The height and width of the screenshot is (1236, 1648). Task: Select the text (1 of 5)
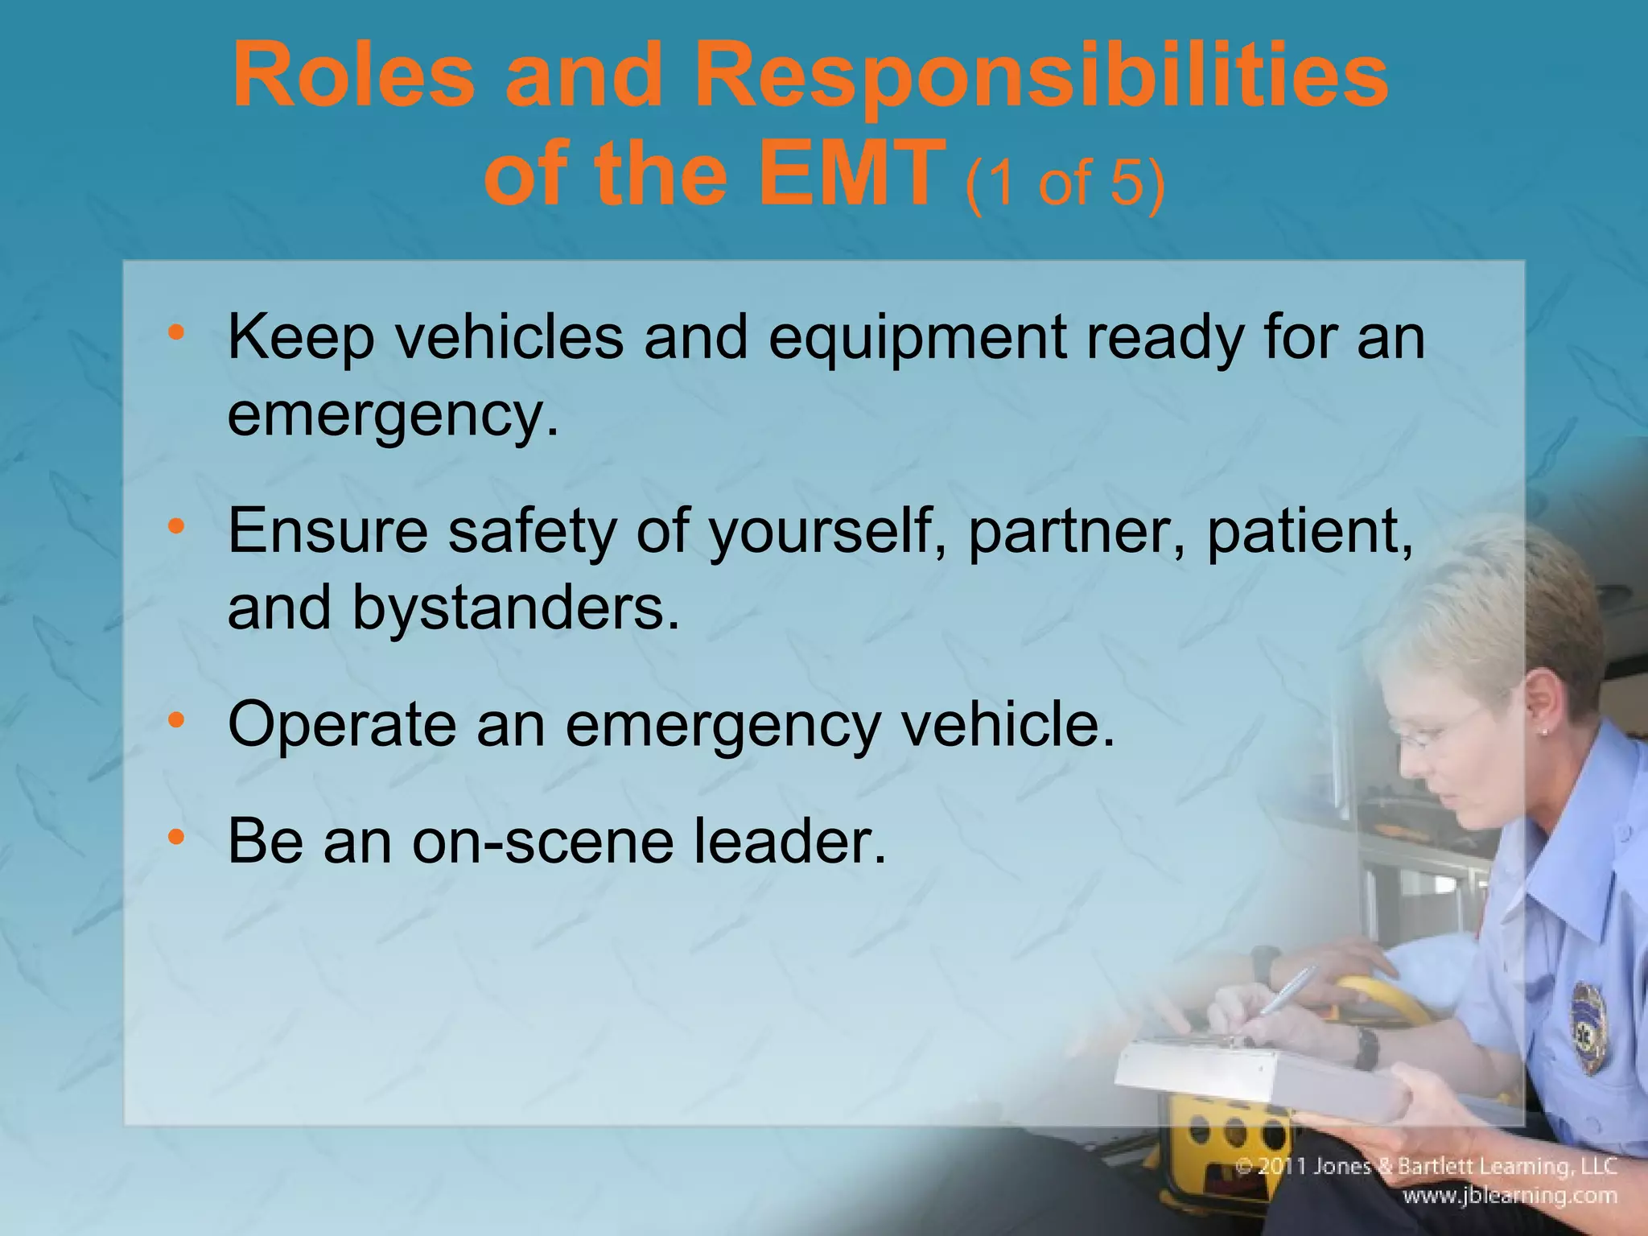coord(1064,183)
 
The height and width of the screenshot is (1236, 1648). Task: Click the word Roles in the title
coord(353,77)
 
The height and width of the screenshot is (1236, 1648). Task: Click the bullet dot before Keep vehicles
coord(176,332)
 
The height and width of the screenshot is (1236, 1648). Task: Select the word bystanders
coord(515,608)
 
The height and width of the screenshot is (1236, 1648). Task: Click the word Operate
coord(341,725)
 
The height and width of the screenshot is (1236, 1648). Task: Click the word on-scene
coord(542,841)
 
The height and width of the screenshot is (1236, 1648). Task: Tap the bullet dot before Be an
coord(176,837)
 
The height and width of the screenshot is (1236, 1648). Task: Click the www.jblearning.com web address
coord(1510,1196)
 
